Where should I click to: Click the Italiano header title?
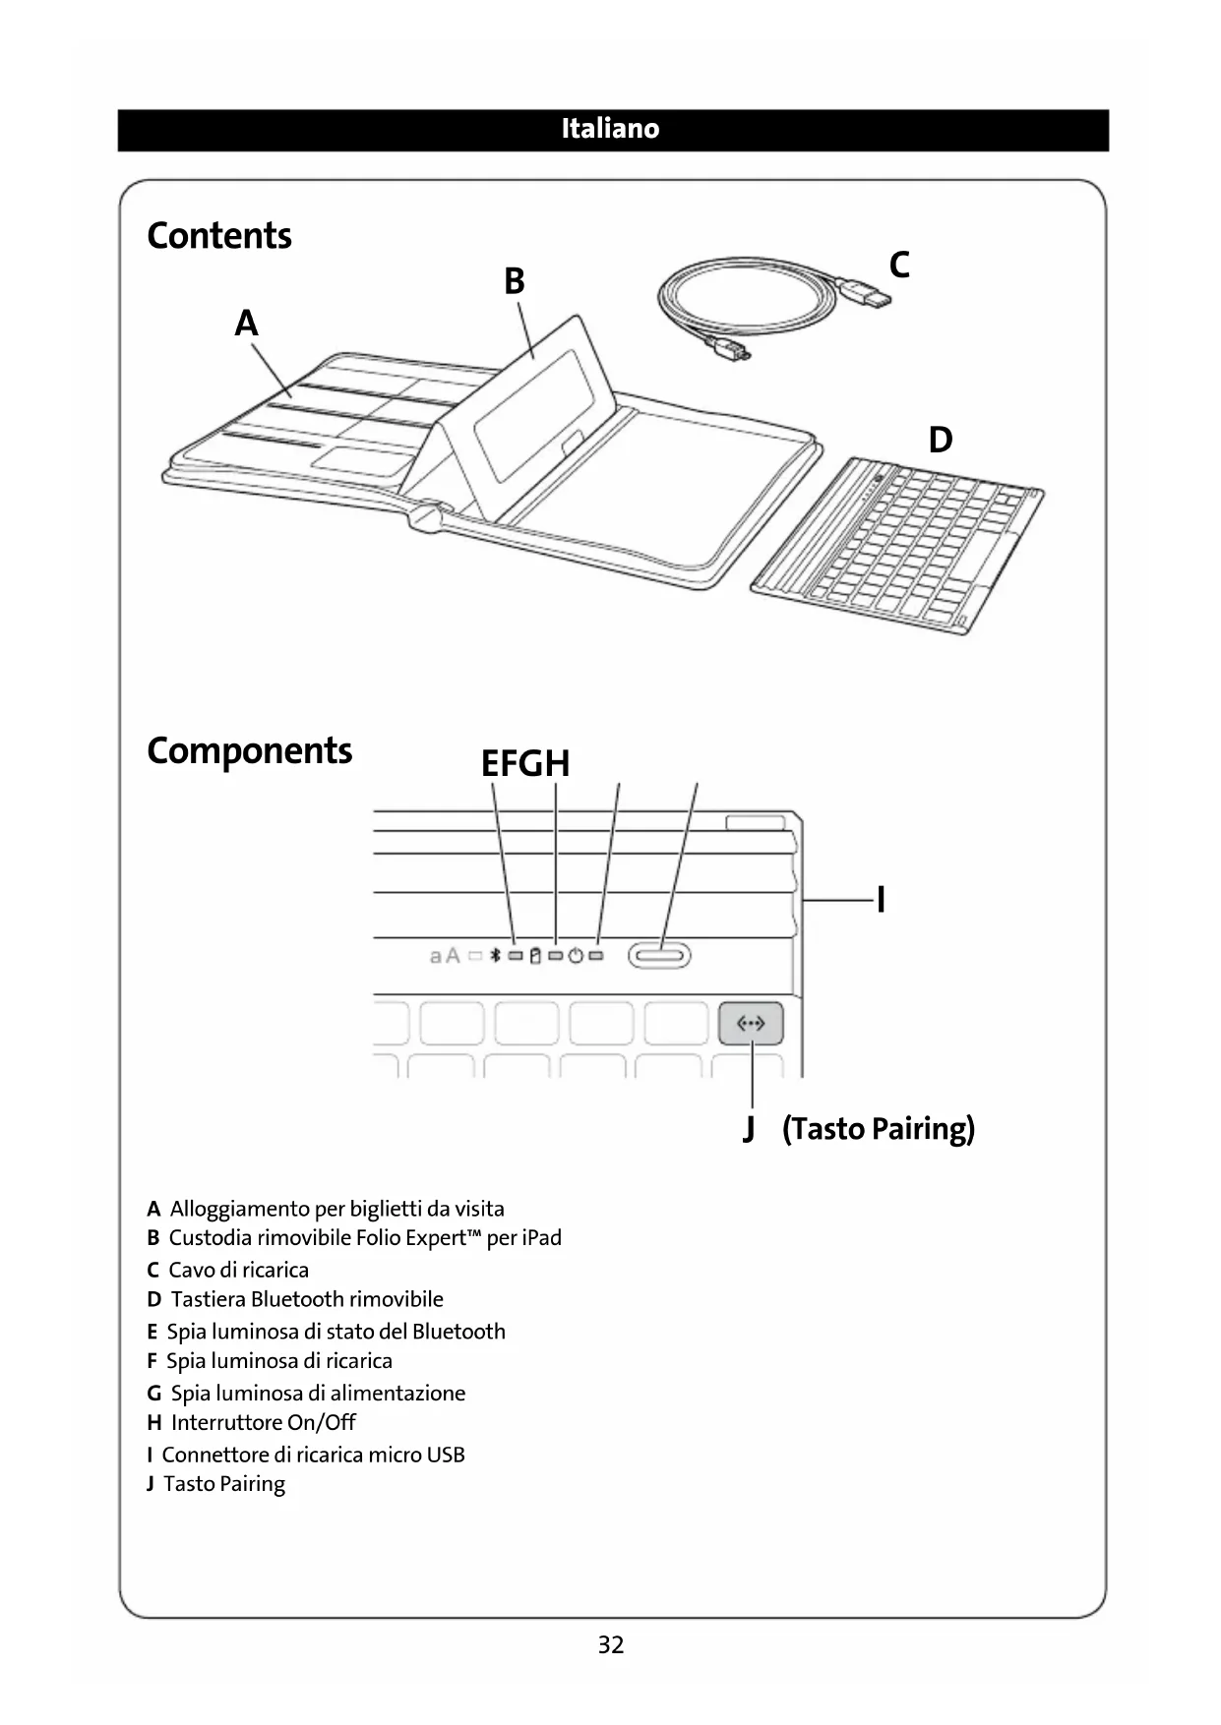click(610, 129)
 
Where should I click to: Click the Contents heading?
click(219, 236)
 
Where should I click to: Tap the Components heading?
click(249, 750)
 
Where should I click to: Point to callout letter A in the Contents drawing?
click(246, 323)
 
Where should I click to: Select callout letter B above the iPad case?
click(515, 281)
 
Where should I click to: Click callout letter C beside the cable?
click(898, 265)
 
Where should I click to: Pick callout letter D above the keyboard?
click(941, 440)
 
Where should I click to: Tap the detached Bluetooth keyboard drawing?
click(897, 544)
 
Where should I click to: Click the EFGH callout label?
click(525, 763)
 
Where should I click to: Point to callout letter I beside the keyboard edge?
click(881, 899)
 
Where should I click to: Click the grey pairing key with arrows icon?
click(751, 1024)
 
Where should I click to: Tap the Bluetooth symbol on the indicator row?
click(497, 955)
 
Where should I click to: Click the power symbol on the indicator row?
click(577, 955)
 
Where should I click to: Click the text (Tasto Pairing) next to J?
click(879, 1128)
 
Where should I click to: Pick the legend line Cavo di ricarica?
click(238, 1270)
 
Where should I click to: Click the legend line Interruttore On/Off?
click(263, 1422)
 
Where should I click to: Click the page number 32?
click(611, 1645)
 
